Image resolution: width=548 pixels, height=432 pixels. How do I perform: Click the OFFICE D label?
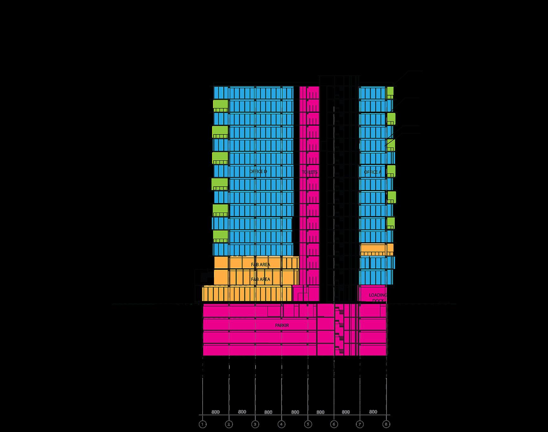(x=258, y=172)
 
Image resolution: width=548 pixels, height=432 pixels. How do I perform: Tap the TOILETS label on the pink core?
(x=309, y=172)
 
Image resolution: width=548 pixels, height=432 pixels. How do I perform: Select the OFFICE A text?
(x=373, y=172)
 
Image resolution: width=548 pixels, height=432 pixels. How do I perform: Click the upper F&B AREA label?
(x=261, y=265)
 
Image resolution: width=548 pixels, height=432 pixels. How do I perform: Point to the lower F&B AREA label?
(x=261, y=279)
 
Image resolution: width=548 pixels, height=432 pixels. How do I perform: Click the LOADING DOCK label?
(x=378, y=298)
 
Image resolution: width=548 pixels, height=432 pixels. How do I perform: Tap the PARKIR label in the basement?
(x=282, y=325)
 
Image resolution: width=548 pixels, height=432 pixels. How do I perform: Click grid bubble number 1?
(x=203, y=424)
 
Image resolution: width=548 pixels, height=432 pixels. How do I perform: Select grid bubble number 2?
(x=229, y=424)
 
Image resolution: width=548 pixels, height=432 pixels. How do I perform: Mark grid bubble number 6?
(x=334, y=424)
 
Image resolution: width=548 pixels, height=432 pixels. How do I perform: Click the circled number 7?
(x=360, y=424)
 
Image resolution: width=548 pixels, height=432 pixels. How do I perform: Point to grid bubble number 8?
(x=386, y=424)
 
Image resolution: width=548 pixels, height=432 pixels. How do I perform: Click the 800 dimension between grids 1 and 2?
(x=215, y=412)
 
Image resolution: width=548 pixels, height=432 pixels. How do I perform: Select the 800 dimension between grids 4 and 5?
(x=295, y=412)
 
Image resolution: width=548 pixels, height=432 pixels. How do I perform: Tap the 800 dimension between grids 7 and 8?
(x=373, y=412)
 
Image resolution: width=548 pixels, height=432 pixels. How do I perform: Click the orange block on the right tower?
(x=377, y=249)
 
